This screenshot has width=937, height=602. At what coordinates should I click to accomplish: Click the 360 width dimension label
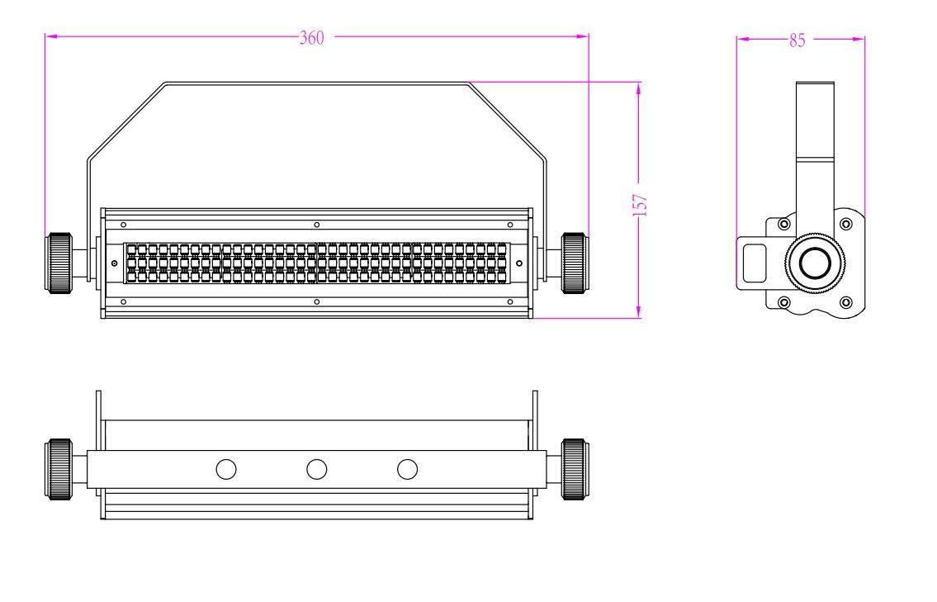coord(311,38)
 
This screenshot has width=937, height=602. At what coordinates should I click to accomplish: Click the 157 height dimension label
coord(640,205)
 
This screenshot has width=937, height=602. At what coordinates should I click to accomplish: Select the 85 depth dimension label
coord(797,40)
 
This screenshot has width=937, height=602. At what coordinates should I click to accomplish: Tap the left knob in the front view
coord(59,263)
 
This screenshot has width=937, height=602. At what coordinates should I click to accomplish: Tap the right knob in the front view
coord(575,263)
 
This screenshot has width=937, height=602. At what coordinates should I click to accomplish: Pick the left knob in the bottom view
coord(59,469)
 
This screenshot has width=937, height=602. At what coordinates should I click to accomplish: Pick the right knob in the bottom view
coord(575,469)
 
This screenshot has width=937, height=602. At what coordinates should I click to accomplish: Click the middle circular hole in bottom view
coord(317,469)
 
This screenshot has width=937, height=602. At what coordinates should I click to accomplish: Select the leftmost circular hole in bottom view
coord(226,469)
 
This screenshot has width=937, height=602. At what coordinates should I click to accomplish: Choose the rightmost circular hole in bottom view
coord(408,469)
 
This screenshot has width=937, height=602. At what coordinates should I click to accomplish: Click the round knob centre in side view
coord(815,263)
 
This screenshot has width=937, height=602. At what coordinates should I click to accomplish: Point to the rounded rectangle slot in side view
coord(755,263)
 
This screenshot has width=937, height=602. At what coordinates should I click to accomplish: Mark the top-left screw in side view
coord(784,224)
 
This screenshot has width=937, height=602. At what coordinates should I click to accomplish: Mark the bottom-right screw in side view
coord(845,302)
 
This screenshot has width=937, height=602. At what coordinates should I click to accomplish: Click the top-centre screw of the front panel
coord(317,225)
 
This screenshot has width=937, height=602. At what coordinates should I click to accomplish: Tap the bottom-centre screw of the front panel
coord(317,302)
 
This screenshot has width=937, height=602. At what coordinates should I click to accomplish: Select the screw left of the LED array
coord(114,263)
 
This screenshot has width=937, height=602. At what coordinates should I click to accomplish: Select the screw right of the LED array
coord(519,263)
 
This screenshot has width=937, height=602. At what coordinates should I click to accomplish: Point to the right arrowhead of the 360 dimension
coord(583,36)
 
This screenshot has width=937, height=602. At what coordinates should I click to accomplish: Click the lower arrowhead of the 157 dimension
coord(639,311)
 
